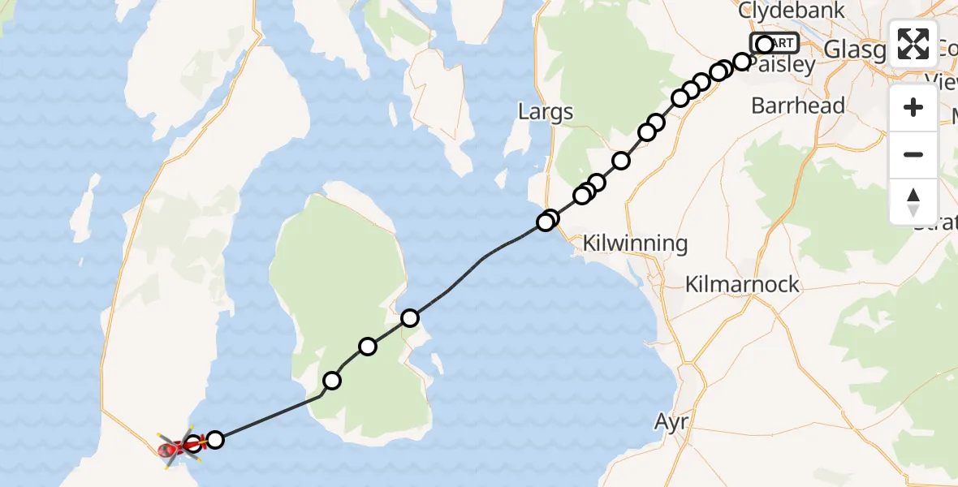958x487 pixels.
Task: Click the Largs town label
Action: [x=546, y=112]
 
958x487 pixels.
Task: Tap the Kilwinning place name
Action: [x=636, y=243]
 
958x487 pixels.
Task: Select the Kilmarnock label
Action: [x=742, y=285]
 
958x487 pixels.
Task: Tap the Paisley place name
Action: [x=780, y=66]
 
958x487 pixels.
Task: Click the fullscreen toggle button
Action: [x=913, y=45]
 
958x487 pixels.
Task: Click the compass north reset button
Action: [x=913, y=202]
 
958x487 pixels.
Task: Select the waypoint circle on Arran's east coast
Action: [x=410, y=318]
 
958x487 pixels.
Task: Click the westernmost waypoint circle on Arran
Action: [x=332, y=380]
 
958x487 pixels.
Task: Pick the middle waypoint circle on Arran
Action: [x=368, y=347]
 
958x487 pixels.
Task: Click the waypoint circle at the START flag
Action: [x=764, y=45]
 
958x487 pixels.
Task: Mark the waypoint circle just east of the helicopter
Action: [x=215, y=440]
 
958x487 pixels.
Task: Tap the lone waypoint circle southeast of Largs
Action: [x=621, y=161]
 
